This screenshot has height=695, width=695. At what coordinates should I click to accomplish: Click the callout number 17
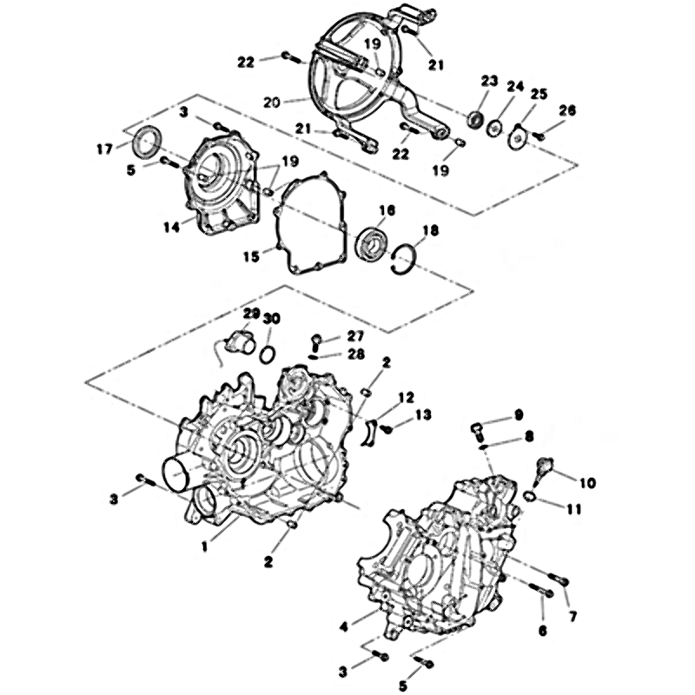tap(105, 149)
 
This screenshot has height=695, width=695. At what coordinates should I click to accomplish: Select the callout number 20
tap(272, 103)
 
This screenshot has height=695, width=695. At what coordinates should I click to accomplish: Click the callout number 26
tap(567, 110)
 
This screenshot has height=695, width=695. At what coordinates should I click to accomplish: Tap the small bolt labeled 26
tap(538, 136)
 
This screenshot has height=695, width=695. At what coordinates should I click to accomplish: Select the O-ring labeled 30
tap(268, 354)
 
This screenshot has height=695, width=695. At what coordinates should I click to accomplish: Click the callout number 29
tap(251, 314)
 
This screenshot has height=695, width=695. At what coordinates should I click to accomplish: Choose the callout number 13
tap(424, 415)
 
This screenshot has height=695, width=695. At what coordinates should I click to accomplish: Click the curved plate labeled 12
tap(370, 432)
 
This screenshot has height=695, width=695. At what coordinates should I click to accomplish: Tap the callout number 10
tap(588, 483)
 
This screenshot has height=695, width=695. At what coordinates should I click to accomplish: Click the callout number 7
tap(573, 616)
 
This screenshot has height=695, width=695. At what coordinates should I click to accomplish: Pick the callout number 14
tap(172, 228)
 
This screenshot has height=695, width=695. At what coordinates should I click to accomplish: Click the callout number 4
tap(344, 626)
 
